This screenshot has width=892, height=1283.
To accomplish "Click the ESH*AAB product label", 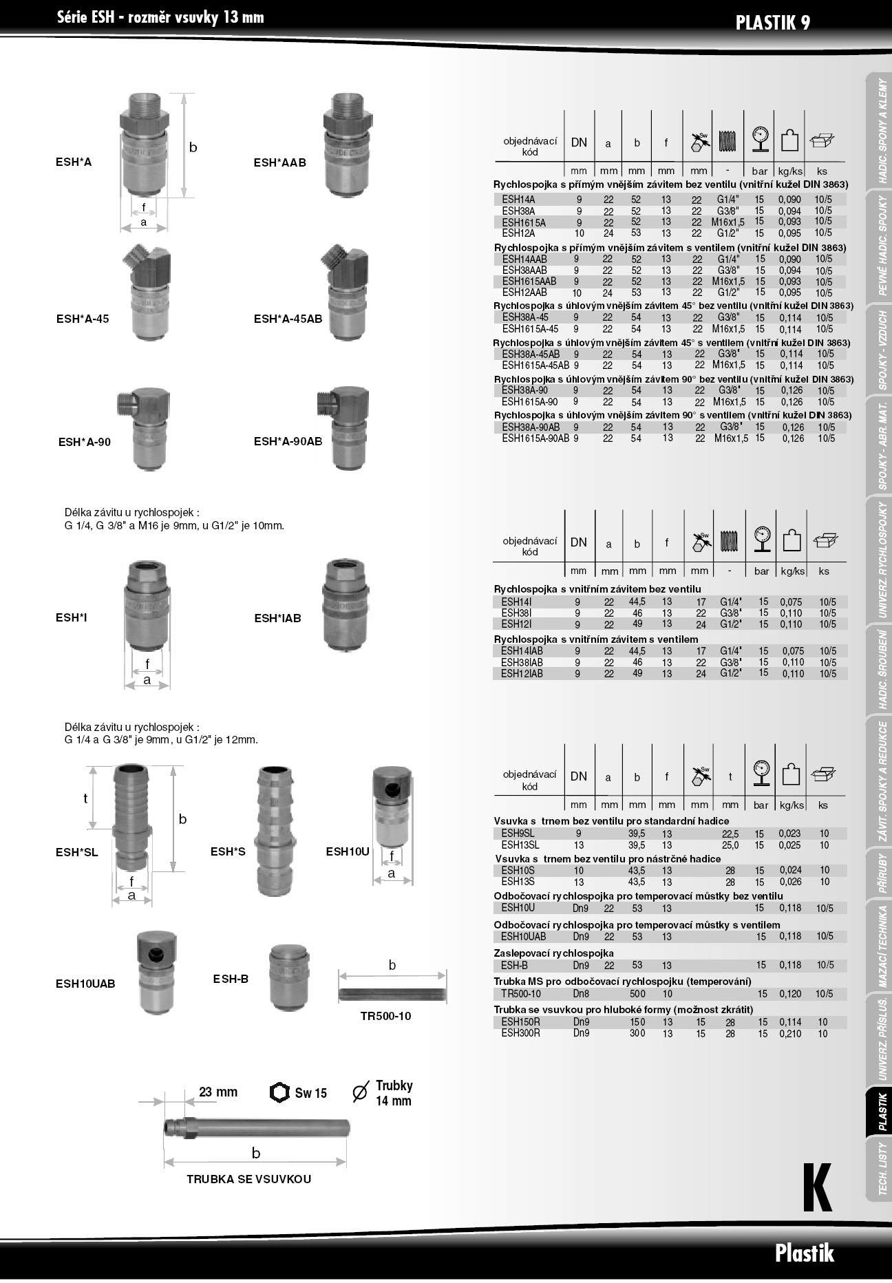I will tap(279, 163).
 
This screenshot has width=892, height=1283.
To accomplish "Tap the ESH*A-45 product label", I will tap(83, 319).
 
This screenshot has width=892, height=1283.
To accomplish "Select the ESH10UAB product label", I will tap(85, 984).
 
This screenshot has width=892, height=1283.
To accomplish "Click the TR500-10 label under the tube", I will tap(385, 1016).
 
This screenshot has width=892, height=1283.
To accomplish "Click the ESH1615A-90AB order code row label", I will tap(535, 438).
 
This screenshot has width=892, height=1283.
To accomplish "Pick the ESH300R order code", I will tap(520, 1033).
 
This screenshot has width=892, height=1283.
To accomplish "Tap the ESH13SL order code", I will tap(520, 845).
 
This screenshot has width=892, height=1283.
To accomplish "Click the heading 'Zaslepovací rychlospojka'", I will tap(553, 953).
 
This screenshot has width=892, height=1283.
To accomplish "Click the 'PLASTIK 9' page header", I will tap(772, 23).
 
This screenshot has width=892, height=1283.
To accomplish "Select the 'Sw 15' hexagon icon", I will tap(279, 1092).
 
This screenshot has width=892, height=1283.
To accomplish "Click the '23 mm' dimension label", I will tap(218, 1092).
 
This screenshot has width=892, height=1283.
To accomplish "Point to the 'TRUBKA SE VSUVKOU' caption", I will tap(248, 1179).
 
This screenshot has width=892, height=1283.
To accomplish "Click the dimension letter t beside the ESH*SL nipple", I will tap(85, 798).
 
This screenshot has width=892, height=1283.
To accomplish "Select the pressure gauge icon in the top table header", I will tap(760, 138).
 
